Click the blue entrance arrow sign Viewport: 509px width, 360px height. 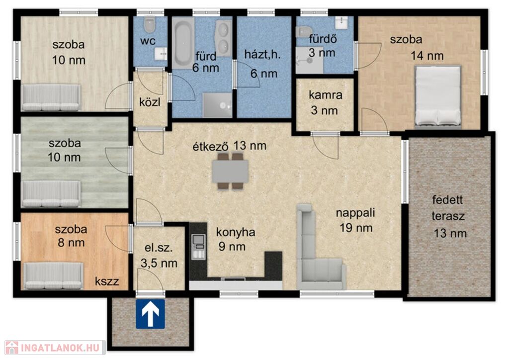tap(150, 314)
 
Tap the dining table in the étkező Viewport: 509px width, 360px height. tap(231, 171)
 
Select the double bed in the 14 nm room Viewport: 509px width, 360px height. tap(438, 96)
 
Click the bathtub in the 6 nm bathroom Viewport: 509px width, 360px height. tap(183, 43)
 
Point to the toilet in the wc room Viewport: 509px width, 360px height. tap(150, 25)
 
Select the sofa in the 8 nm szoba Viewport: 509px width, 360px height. tap(54, 275)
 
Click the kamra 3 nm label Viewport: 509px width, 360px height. tap(325, 102)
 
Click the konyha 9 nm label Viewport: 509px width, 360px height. tap(235, 239)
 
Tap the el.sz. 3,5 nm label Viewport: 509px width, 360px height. tap(159, 256)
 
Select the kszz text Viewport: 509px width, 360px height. tap(107, 281)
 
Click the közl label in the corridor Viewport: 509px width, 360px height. tap(150, 102)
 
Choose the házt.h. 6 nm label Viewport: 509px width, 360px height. tap(263, 64)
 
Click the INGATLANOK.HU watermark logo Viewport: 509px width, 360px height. tap(55, 348)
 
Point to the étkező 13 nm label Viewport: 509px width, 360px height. tap(230, 146)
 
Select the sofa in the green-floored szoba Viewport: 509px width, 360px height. tap(51, 194)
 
